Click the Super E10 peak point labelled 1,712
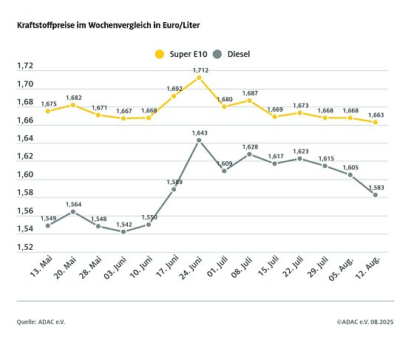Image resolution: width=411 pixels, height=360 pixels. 200,78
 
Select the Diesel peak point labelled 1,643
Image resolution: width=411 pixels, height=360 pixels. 200,140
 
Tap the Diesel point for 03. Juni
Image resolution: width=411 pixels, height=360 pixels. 123,231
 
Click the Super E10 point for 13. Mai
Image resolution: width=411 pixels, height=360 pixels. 47,111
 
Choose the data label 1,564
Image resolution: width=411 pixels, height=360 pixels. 73,204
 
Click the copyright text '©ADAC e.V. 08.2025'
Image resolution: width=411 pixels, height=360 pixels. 361,322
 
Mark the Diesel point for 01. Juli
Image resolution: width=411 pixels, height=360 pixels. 225,171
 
